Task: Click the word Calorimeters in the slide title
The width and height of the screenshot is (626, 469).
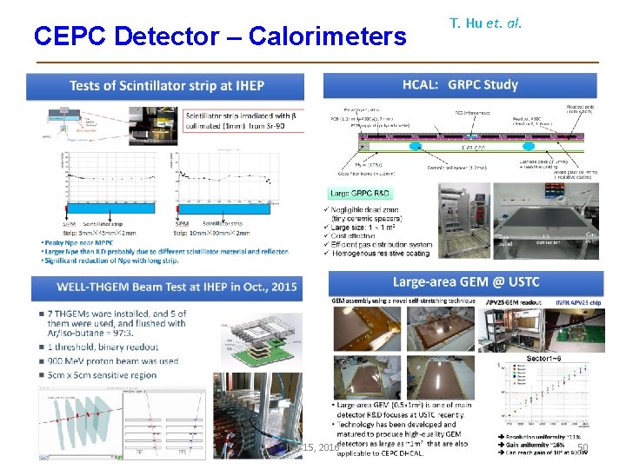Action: (x=327, y=36)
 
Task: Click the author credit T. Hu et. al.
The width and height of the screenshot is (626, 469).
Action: (x=485, y=23)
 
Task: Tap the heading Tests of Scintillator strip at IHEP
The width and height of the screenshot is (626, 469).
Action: (x=166, y=86)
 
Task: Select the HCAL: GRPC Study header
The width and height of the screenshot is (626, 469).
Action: (x=460, y=85)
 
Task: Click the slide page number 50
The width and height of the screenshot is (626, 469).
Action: (x=583, y=447)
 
